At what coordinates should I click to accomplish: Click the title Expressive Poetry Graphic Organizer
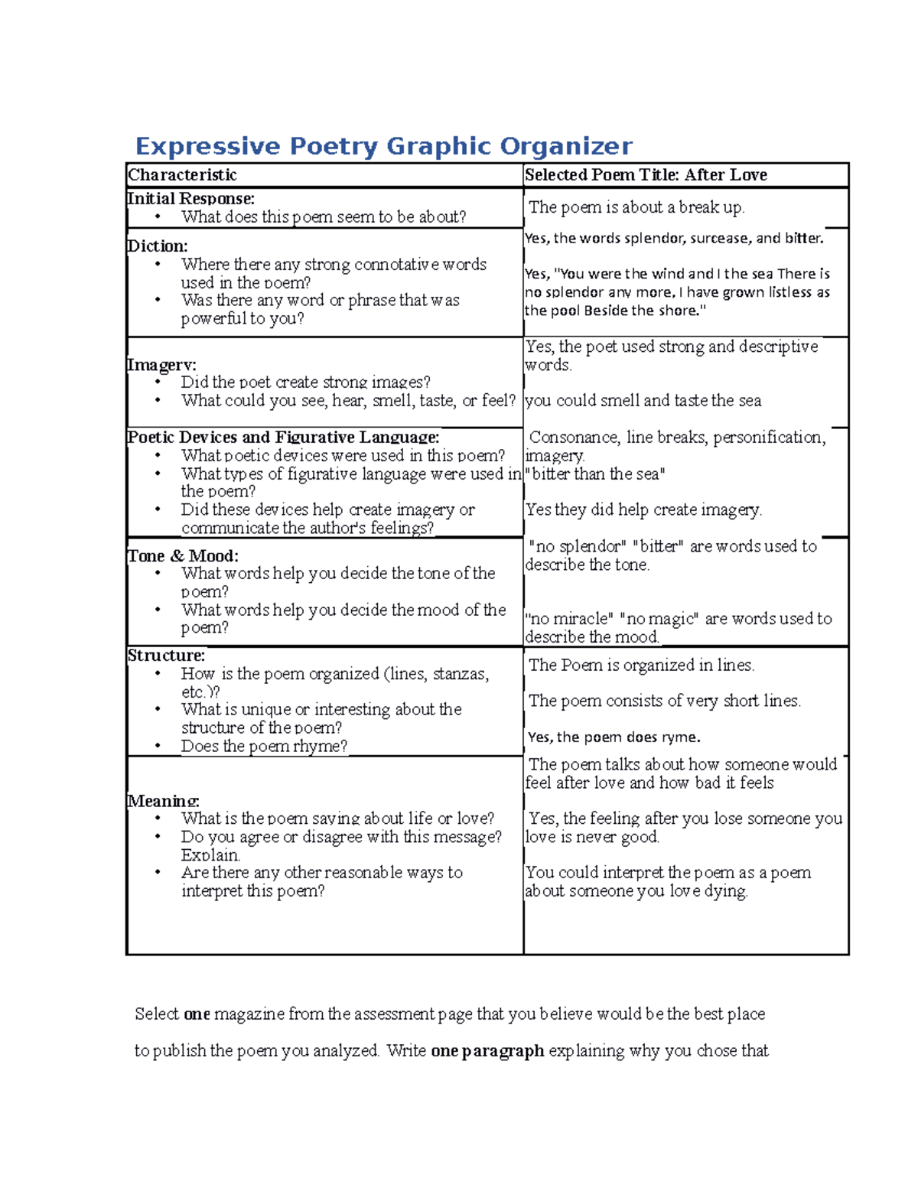(x=383, y=146)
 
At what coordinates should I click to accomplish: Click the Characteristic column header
(x=182, y=175)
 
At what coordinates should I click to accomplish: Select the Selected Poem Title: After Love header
(x=646, y=175)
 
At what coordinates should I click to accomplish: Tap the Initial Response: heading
(x=190, y=199)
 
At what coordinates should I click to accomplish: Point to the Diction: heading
(x=157, y=246)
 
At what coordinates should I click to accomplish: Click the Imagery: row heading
(x=161, y=365)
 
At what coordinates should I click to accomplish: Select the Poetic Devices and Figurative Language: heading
(x=283, y=438)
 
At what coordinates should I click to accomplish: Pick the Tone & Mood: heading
(x=183, y=556)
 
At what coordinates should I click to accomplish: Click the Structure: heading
(x=166, y=656)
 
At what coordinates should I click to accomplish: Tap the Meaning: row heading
(x=163, y=801)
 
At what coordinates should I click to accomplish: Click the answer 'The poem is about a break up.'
(x=636, y=207)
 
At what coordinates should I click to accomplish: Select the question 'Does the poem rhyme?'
(x=264, y=747)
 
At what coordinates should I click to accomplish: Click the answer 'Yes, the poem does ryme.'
(x=614, y=737)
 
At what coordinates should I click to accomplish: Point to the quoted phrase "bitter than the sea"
(x=595, y=474)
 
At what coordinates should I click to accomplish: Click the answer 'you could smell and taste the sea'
(x=643, y=401)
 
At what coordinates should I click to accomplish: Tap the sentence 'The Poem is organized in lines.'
(x=641, y=666)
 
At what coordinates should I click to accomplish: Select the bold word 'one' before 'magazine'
(x=197, y=1014)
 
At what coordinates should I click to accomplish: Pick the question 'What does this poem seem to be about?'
(x=323, y=217)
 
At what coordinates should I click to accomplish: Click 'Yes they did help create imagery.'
(x=643, y=510)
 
